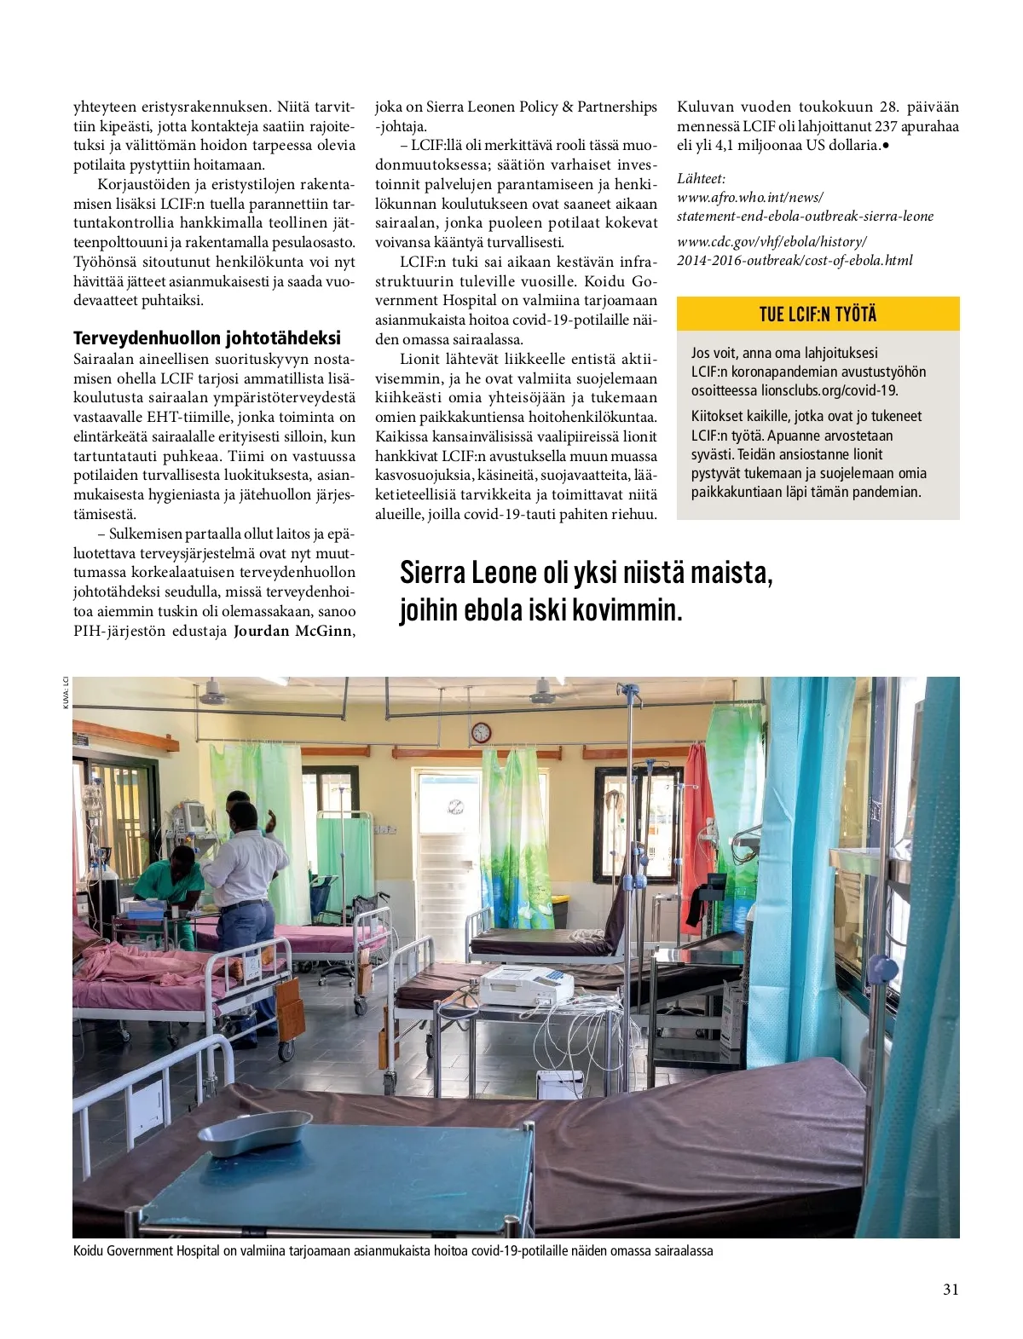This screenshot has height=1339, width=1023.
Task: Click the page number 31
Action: [x=951, y=1289]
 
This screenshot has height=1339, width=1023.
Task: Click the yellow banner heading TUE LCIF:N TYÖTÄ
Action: [x=818, y=314]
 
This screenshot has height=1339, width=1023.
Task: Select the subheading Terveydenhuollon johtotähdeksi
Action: [x=206, y=338]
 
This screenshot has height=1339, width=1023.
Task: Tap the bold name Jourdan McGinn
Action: [x=292, y=631]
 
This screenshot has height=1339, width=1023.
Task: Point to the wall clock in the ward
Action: [x=481, y=732]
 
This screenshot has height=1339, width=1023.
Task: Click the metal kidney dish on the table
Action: [x=255, y=1133]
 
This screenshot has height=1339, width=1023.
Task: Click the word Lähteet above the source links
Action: [x=701, y=178]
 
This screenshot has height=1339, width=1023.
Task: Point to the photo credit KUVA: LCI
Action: [x=65, y=691]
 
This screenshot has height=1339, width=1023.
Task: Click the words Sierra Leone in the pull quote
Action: [x=468, y=573]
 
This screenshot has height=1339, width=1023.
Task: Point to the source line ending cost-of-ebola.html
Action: [x=794, y=260]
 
